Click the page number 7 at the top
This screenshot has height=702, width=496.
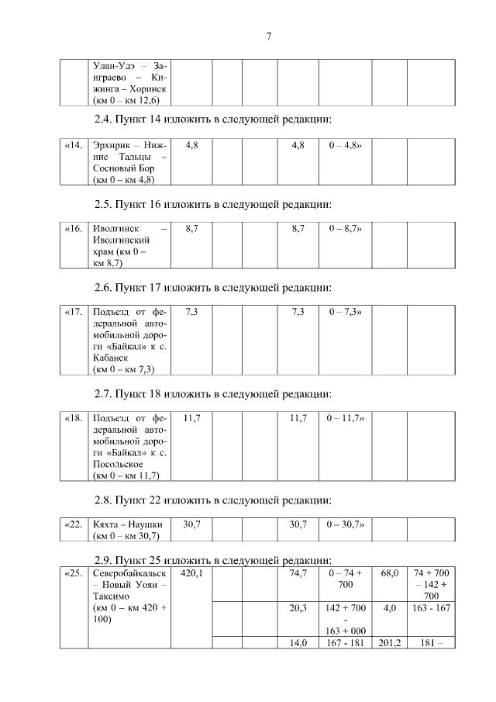267,36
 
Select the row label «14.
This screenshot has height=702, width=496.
72,145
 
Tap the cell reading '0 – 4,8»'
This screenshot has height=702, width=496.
346,145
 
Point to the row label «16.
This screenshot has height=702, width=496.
72,230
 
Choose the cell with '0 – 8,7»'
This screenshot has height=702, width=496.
346,230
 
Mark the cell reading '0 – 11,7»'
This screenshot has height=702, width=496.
346,418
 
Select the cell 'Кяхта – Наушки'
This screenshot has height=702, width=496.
127,525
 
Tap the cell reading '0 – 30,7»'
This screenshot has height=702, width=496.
346,525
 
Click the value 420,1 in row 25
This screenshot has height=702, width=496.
191,573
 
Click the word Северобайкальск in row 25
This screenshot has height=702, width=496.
129,573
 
